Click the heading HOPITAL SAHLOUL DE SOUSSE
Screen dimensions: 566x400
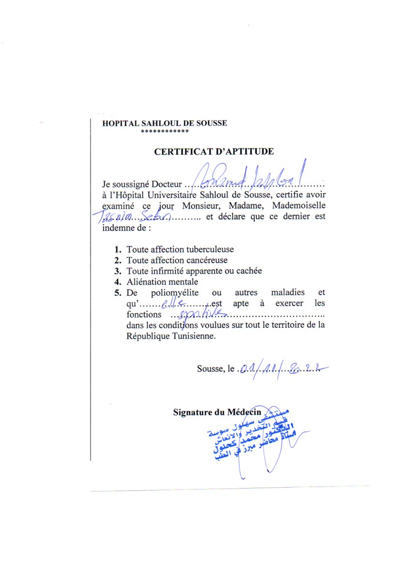click(x=164, y=123)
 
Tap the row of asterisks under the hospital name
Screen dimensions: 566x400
click(x=164, y=131)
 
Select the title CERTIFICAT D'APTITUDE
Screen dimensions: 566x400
click(x=214, y=152)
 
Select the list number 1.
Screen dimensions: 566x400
click(x=117, y=250)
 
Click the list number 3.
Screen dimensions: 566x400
click(x=117, y=271)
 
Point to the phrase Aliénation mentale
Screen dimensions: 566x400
click(x=163, y=282)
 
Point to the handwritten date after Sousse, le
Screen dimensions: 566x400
click(x=281, y=369)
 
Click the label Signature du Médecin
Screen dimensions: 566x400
click(x=217, y=413)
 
